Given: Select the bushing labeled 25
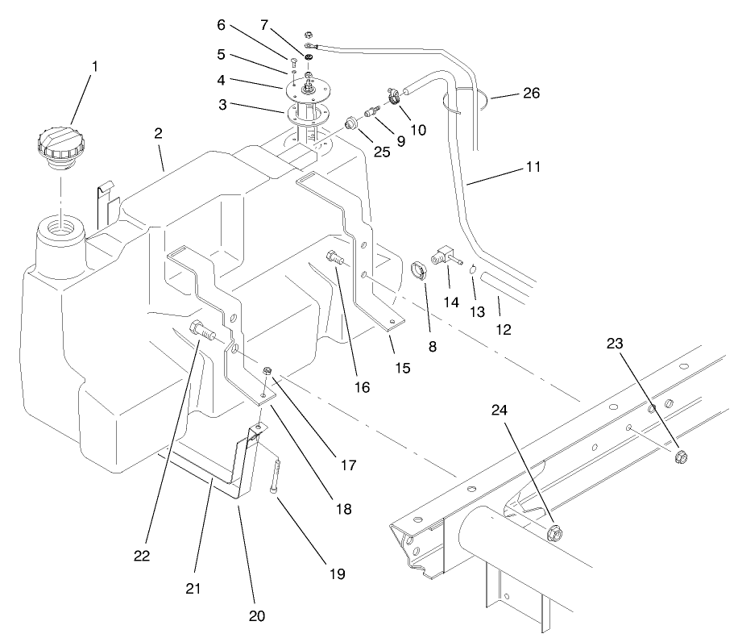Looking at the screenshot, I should click(350, 123).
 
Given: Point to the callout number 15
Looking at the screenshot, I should click(401, 368).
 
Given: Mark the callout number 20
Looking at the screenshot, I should click(256, 616).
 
